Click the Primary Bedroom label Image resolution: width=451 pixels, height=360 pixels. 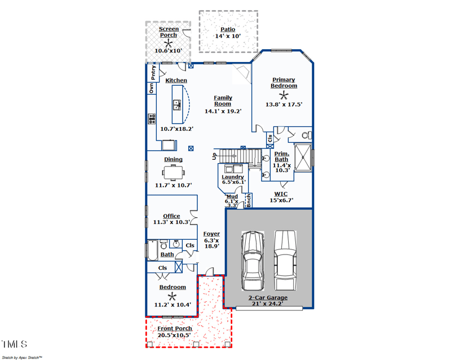[x=284, y=83]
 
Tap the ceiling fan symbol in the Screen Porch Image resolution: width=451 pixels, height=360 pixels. [x=168, y=43]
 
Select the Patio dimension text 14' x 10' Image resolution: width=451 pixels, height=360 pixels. [x=228, y=36]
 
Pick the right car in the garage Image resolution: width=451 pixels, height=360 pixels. [x=285, y=260]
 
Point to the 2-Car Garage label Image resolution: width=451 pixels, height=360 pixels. [x=268, y=297]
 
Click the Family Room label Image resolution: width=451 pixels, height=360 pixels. [x=223, y=100]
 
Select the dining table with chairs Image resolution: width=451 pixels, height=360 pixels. [x=173, y=172]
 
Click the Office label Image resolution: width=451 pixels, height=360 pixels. [x=171, y=216]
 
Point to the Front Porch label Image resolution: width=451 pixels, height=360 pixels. [x=174, y=328]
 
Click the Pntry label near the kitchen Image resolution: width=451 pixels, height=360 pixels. [x=153, y=73]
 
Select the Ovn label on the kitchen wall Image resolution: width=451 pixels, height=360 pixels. [x=151, y=89]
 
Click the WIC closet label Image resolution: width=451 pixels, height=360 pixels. [x=281, y=194]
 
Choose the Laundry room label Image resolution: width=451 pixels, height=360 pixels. [x=232, y=177]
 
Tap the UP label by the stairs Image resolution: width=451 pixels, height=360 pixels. [x=215, y=156]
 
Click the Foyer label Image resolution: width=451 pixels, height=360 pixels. [x=211, y=234]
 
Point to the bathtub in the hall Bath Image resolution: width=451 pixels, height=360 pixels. [x=152, y=249]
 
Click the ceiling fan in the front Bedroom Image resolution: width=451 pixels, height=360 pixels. [x=172, y=296]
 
